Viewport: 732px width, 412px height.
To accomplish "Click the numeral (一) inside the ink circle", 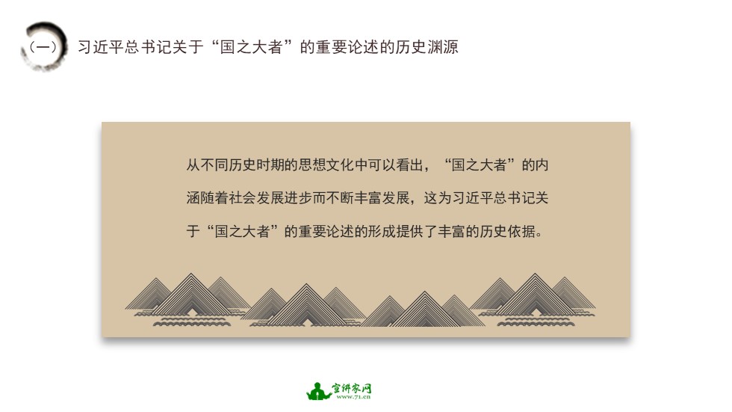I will [x=42, y=47].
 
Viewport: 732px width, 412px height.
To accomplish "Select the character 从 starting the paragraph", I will [x=193, y=165].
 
